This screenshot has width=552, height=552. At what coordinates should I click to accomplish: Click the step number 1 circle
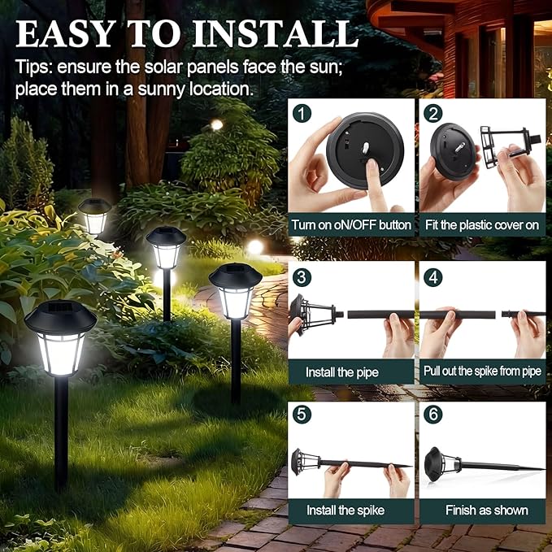click(302, 113)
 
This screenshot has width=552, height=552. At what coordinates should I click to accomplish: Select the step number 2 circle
click(433, 113)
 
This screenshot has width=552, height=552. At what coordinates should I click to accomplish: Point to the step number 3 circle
click(302, 276)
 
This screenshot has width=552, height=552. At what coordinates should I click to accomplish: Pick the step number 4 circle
click(433, 276)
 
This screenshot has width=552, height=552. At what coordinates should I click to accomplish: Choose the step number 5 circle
click(302, 415)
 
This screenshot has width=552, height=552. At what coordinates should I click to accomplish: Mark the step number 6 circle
click(433, 415)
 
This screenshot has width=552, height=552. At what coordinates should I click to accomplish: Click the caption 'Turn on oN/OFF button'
click(351, 224)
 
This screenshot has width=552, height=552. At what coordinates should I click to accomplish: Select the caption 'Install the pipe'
click(341, 372)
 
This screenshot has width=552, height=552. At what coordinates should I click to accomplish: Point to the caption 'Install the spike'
click(345, 511)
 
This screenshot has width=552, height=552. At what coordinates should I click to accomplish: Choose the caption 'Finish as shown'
click(486, 511)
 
